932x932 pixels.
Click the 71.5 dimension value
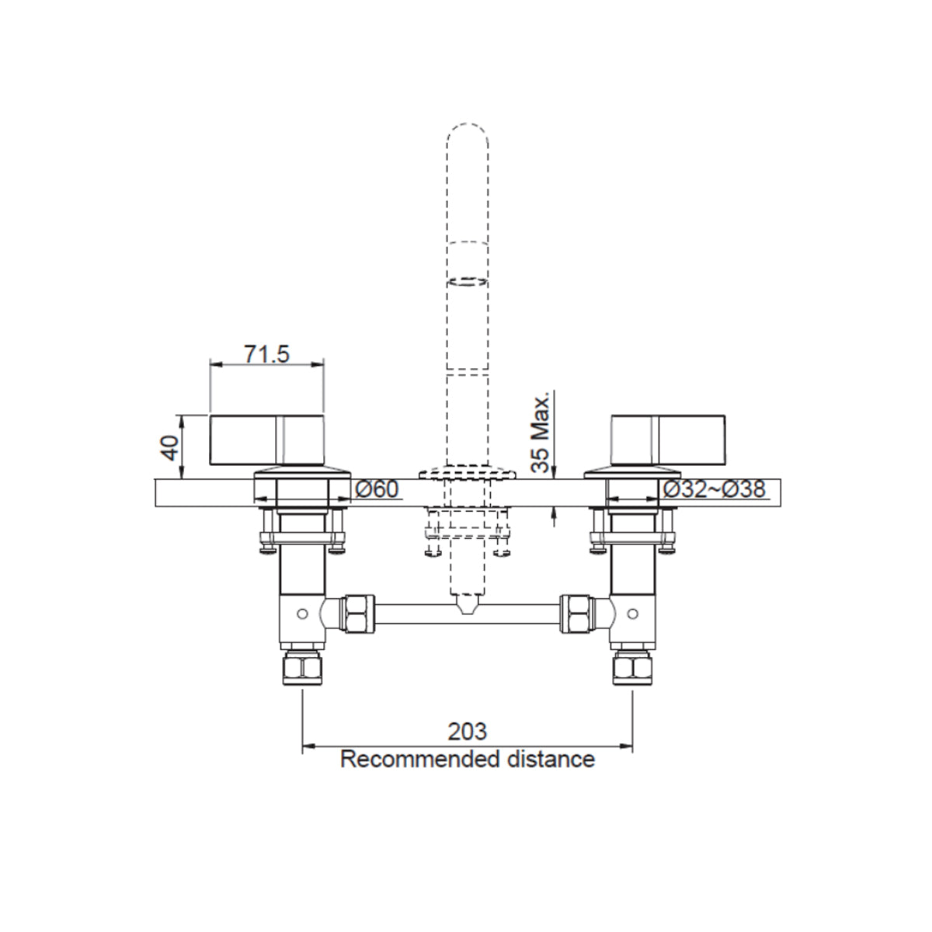click(266, 354)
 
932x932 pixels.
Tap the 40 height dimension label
click(170, 447)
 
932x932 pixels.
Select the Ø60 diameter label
click(377, 489)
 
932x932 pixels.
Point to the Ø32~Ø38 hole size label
click(715, 489)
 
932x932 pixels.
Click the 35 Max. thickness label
click(541, 431)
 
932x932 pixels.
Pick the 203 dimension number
click(468, 732)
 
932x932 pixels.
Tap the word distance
click(551, 760)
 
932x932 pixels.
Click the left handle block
click(266, 440)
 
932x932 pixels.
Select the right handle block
click(668, 440)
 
